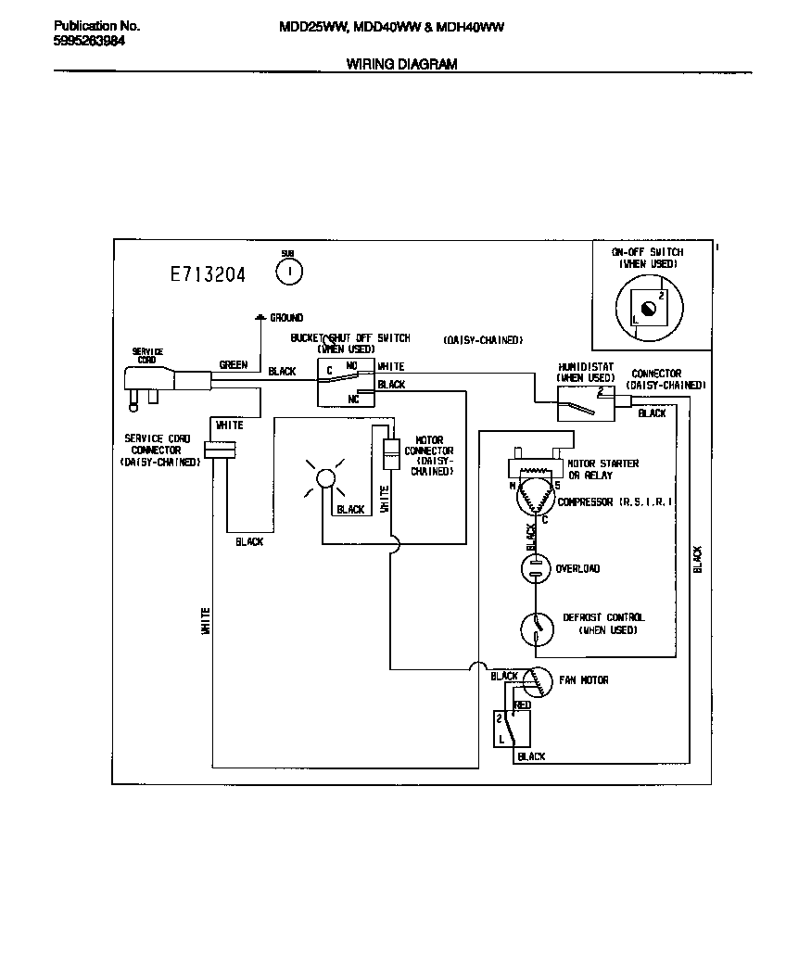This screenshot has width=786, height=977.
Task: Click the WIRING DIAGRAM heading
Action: [401, 64]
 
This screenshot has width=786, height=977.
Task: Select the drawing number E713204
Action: [208, 274]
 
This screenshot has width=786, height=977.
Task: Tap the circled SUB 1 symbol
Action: [289, 270]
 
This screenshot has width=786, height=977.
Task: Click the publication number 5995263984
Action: [90, 41]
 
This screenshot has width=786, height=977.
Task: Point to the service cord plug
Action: [148, 382]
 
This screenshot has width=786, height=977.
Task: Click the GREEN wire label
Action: [233, 365]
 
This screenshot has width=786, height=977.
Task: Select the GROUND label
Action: [285, 318]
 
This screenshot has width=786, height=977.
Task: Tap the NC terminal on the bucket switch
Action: [353, 399]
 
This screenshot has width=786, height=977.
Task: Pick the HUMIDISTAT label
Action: [586, 367]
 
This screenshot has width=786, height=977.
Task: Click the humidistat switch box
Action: [586, 403]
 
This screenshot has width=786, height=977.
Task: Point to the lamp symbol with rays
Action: [324, 478]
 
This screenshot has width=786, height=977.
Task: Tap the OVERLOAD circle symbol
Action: [535, 568]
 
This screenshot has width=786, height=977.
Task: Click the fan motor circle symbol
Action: [536, 683]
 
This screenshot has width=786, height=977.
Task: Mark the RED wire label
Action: [523, 705]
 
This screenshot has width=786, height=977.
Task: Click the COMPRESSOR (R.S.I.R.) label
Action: [615, 502]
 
